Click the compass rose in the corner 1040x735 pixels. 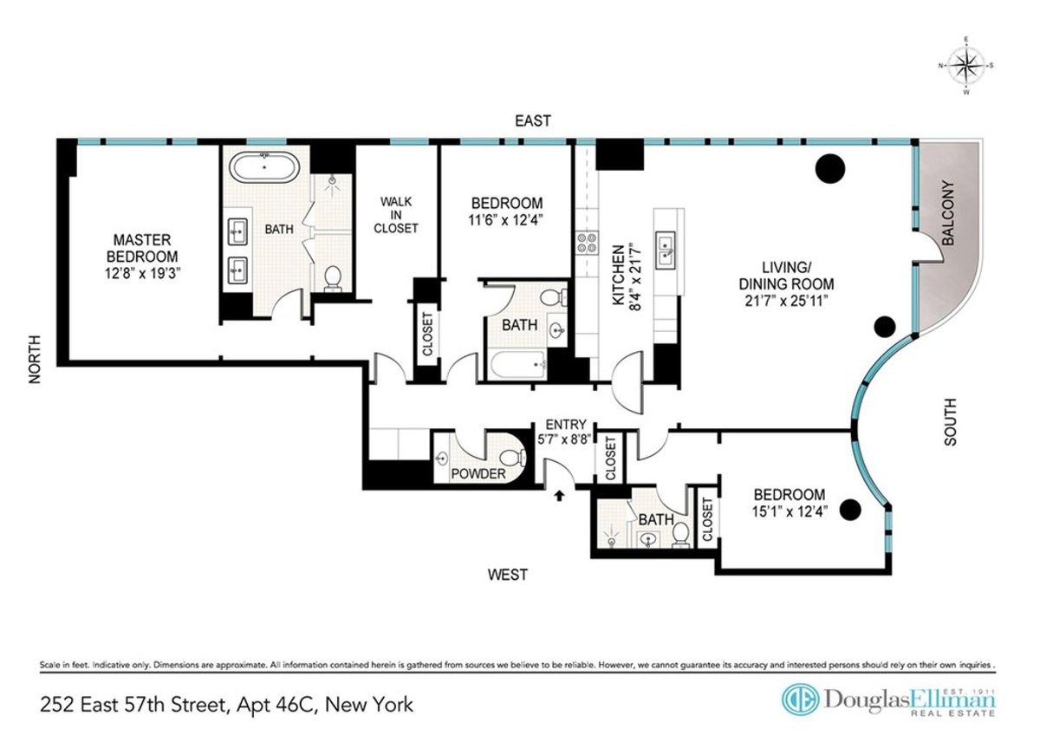(966, 65)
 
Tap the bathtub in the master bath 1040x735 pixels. (265, 166)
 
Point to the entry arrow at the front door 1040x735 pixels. (559, 495)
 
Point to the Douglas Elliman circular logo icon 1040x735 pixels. (799, 700)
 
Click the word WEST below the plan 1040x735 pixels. (506, 574)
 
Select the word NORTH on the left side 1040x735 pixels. (36, 360)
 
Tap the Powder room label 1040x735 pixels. (478, 474)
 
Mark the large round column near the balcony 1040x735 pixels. (831, 167)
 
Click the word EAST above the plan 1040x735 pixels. (532, 121)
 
